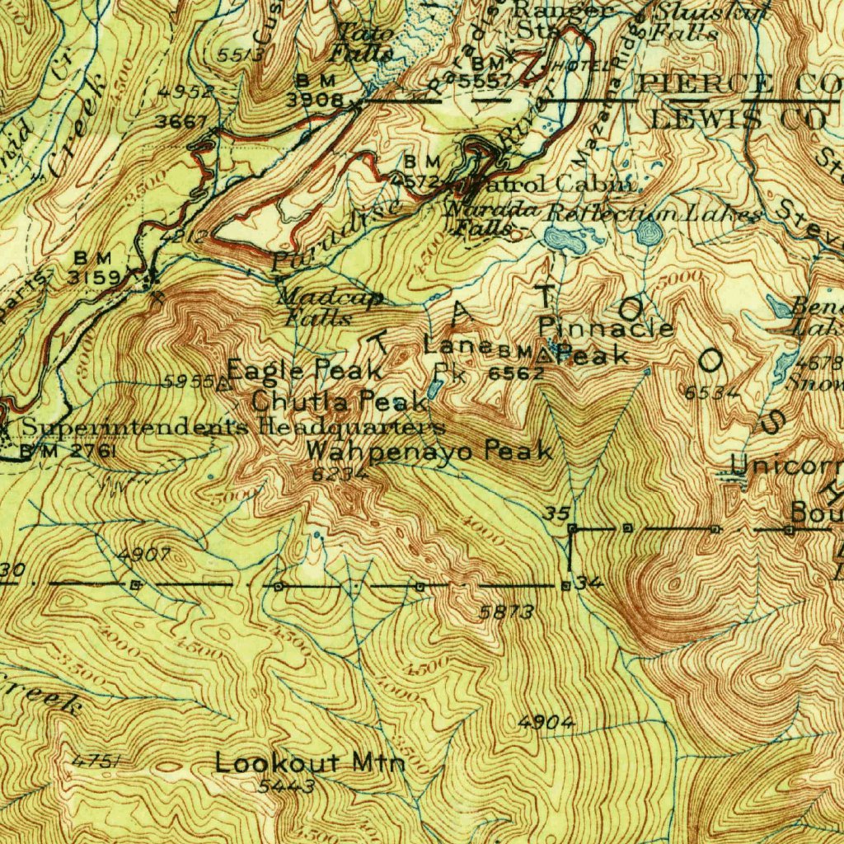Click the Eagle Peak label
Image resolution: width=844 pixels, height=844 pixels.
(304, 369)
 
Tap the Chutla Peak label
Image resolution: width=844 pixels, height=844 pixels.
(339, 401)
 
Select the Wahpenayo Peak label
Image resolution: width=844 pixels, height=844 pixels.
(429, 451)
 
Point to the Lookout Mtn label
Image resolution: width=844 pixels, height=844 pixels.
(310, 762)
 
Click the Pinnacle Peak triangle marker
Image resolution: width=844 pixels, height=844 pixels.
(545, 356)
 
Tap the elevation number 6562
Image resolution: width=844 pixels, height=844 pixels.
(516, 373)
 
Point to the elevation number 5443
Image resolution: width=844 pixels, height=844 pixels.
(286, 786)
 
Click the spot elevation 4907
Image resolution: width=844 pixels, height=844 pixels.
(144, 556)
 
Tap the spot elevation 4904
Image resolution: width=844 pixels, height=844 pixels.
(546, 723)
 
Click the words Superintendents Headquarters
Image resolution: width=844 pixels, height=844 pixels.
(233, 427)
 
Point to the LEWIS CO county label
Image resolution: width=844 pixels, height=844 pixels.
(738, 118)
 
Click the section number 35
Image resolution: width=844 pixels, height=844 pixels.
(557, 513)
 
